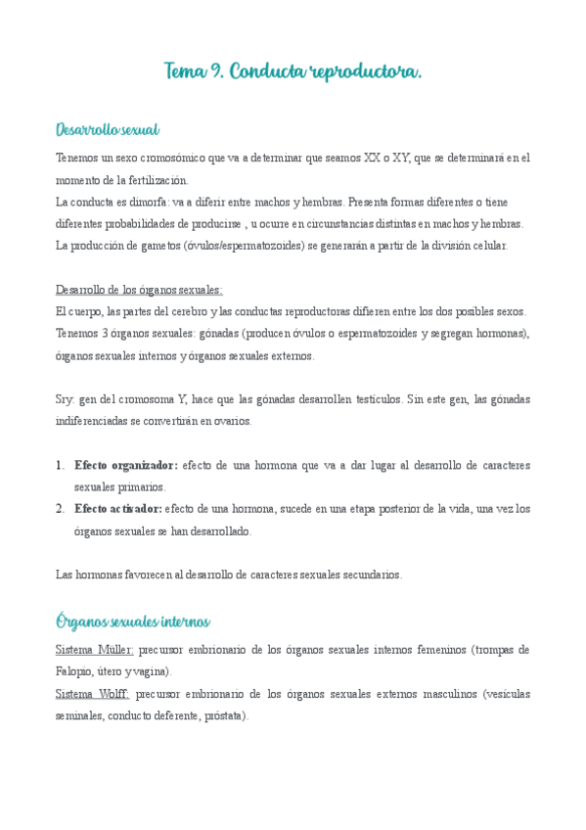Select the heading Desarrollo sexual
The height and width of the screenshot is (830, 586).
(x=108, y=130)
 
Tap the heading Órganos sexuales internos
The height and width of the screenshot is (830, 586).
(x=133, y=622)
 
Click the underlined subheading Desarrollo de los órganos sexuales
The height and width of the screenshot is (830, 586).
(x=139, y=290)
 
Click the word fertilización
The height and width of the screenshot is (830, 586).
(x=156, y=180)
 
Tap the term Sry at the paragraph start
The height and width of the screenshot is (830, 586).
(x=65, y=398)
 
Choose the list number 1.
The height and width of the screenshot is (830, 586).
(x=60, y=465)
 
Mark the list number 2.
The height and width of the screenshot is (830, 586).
(x=60, y=509)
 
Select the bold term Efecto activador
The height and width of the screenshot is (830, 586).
(x=117, y=509)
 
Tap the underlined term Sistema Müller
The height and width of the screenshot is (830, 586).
(x=95, y=650)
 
